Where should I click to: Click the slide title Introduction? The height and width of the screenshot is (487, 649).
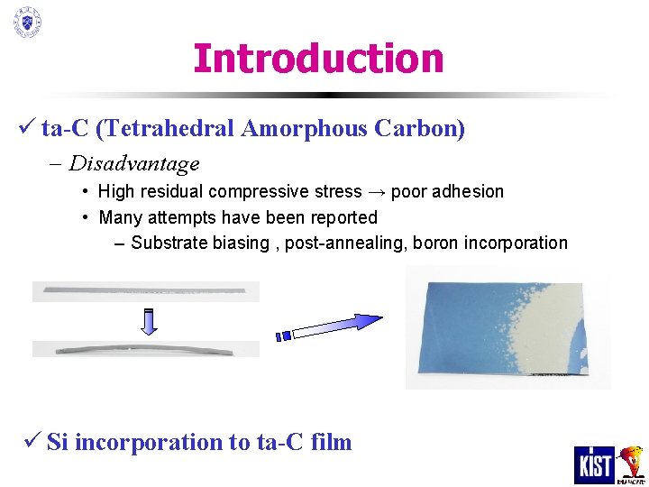tap(318, 59)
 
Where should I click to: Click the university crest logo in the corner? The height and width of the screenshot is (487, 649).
tap(27, 22)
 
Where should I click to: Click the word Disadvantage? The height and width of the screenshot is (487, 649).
tap(134, 164)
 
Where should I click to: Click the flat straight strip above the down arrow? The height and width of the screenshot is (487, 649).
tap(145, 290)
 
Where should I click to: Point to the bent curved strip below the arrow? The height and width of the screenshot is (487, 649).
tap(145, 348)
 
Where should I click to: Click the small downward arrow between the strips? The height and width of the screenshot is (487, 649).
tap(151, 320)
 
